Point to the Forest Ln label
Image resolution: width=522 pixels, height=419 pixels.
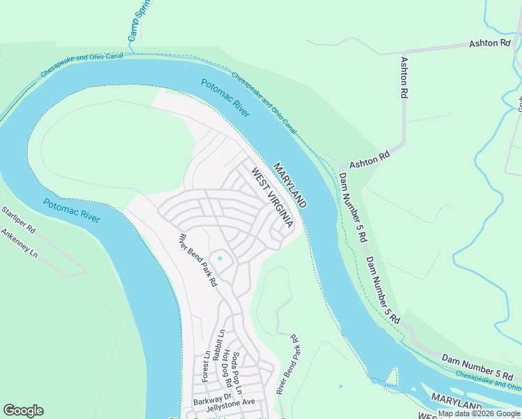coord(206,366)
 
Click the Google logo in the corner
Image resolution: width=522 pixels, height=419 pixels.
coord(23,411)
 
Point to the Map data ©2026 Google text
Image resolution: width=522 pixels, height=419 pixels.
coord(479,414)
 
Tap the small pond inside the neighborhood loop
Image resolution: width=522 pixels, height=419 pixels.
coord(220,258)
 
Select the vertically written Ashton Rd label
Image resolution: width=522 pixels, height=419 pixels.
coord(403,76)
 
